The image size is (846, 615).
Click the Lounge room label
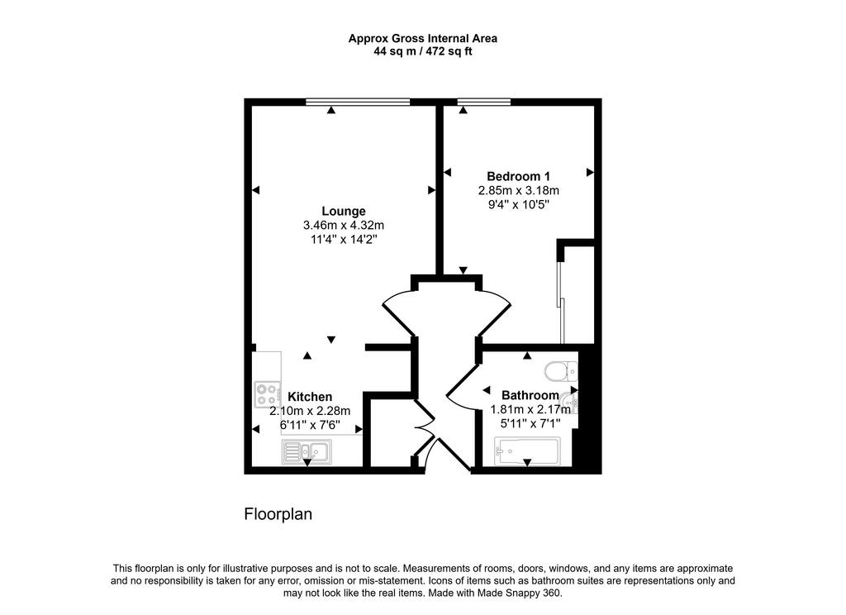343,211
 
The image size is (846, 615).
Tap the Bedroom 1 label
518,176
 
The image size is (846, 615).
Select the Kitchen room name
310,397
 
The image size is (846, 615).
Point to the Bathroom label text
530,394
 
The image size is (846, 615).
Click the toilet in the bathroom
561,371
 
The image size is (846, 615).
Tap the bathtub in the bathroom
527,451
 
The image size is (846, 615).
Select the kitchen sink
307,451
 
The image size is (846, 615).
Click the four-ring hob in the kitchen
268,394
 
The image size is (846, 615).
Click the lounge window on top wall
358,102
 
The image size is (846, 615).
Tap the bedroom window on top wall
484,102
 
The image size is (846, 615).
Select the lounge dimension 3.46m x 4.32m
344,225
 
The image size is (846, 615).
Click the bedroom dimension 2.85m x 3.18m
519,191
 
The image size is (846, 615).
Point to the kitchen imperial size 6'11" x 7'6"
310,425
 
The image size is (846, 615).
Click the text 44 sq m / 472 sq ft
423,52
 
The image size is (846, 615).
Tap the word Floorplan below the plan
278,513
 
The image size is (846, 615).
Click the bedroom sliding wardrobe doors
561,303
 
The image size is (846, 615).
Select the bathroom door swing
462,387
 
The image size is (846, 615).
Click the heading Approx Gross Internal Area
423,38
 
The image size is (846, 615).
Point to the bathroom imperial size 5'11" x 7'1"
530,424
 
